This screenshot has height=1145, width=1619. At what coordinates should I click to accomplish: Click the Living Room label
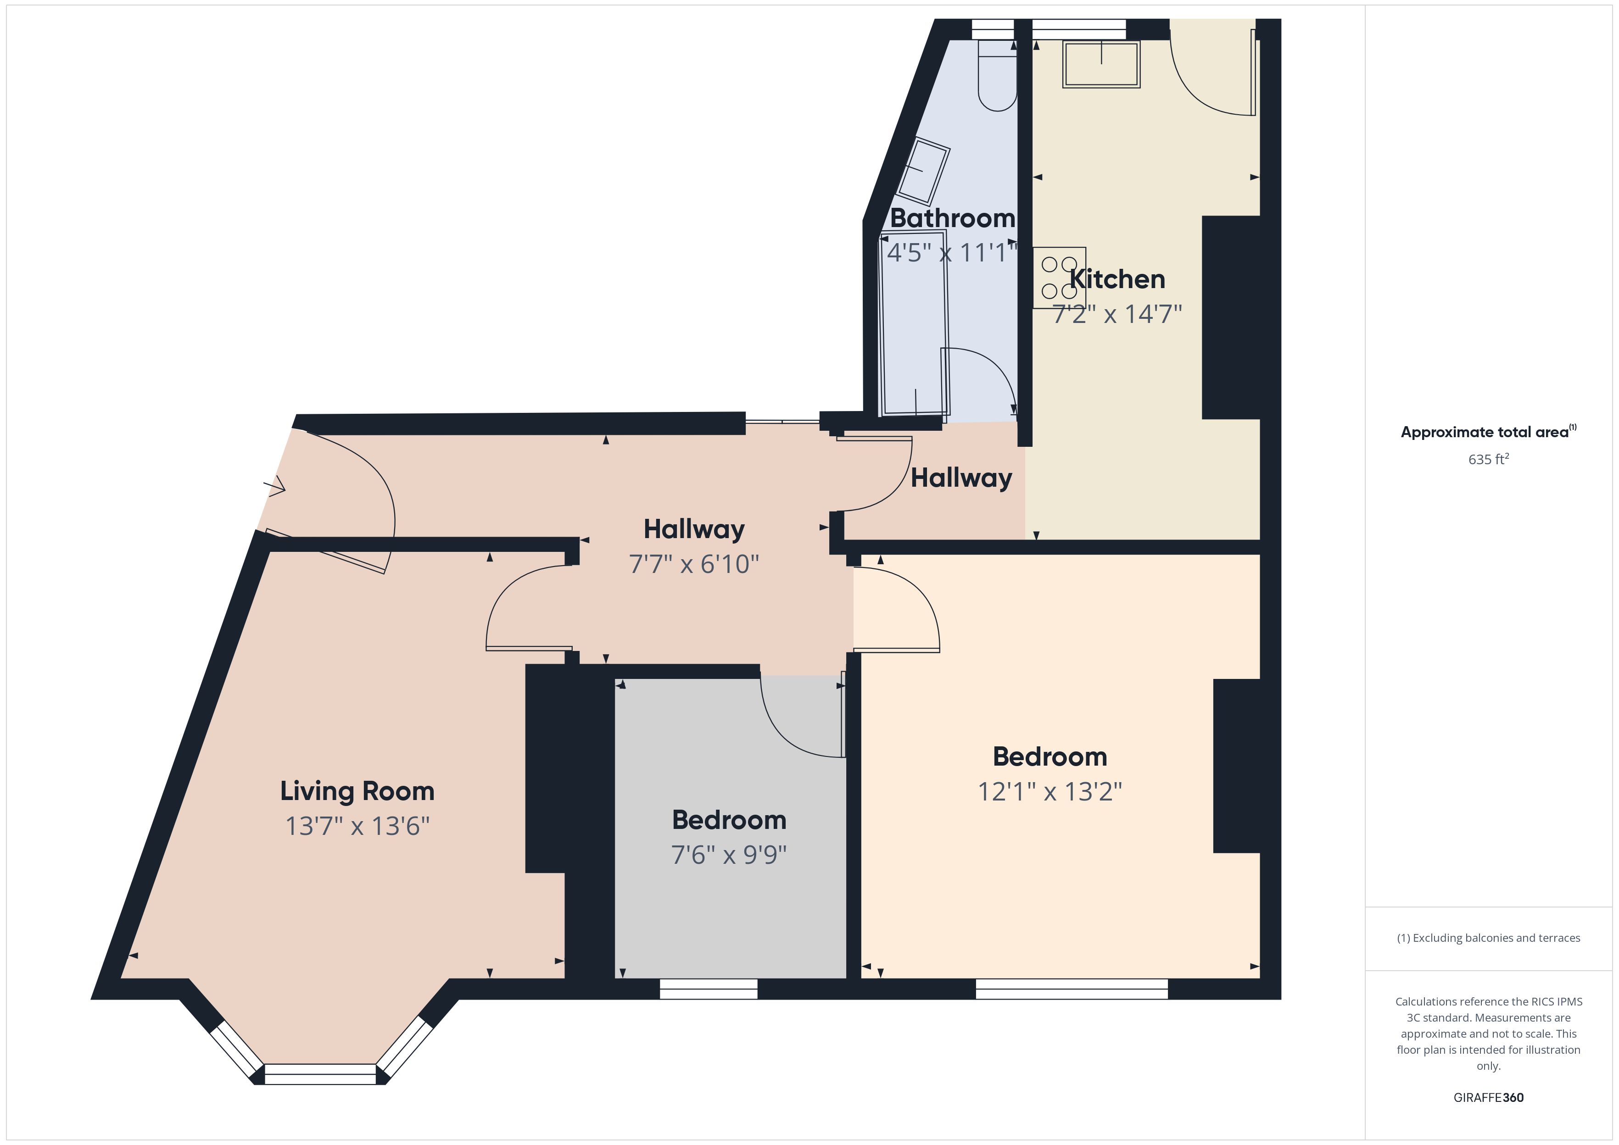tap(357, 791)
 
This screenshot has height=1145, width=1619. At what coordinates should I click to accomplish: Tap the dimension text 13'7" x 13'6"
tap(357, 826)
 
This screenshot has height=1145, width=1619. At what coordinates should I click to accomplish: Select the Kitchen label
tap(1117, 279)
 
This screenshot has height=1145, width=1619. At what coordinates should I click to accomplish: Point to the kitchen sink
tap(1101, 64)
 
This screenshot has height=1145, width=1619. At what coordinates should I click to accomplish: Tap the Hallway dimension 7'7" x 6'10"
tap(694, 564)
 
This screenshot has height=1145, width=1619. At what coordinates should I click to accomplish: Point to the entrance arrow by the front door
tap(275, 486)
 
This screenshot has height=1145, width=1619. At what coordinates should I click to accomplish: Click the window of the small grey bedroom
tap(708, 989)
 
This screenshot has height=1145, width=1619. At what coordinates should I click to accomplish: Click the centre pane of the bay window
tap(320, 1074)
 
